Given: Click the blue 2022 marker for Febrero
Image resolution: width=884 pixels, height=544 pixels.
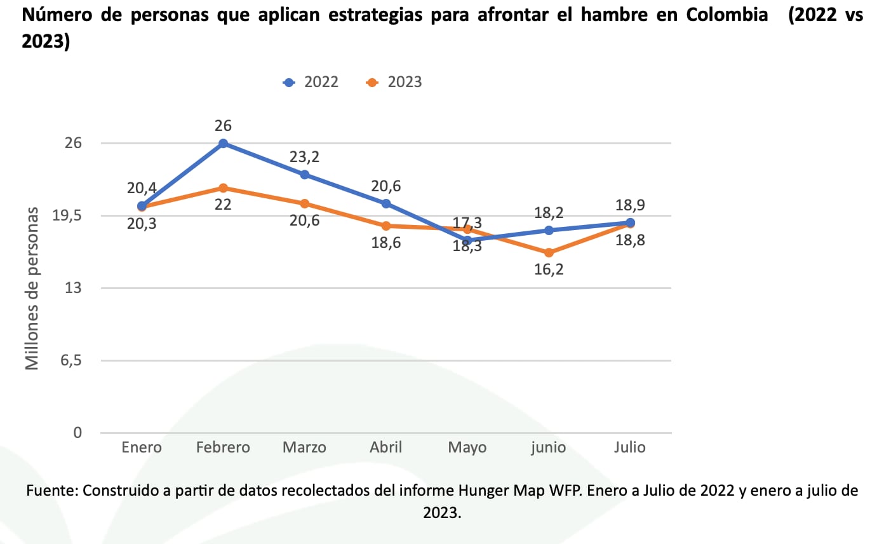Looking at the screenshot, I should coord(223,144).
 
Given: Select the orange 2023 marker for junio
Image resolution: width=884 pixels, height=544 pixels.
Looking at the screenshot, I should coord(549,253).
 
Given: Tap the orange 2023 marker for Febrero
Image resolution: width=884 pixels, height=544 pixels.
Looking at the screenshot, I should coord(223,188).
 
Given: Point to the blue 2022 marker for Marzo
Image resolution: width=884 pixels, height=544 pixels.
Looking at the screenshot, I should coord(305,175).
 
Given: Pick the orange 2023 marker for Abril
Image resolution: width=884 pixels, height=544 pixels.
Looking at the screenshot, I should coord(386,226).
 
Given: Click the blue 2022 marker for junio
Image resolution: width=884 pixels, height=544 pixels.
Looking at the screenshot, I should coord(549,230).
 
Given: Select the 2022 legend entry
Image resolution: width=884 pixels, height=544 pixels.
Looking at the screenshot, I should coord(312,83).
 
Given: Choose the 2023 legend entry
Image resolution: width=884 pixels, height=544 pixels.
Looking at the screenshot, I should coord(395,83).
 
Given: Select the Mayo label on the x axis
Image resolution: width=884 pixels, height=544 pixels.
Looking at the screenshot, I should coord(467,447).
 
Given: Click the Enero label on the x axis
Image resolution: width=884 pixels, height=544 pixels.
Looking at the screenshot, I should coord(142,447).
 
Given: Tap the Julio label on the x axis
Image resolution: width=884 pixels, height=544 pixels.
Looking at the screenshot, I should coord(630,447).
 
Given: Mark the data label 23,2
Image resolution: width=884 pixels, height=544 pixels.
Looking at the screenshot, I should coord(305,157).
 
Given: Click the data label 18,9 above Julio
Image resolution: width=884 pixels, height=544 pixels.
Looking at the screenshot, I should coord(630,205).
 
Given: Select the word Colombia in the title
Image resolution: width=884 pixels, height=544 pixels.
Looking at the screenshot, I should coord(727,16).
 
